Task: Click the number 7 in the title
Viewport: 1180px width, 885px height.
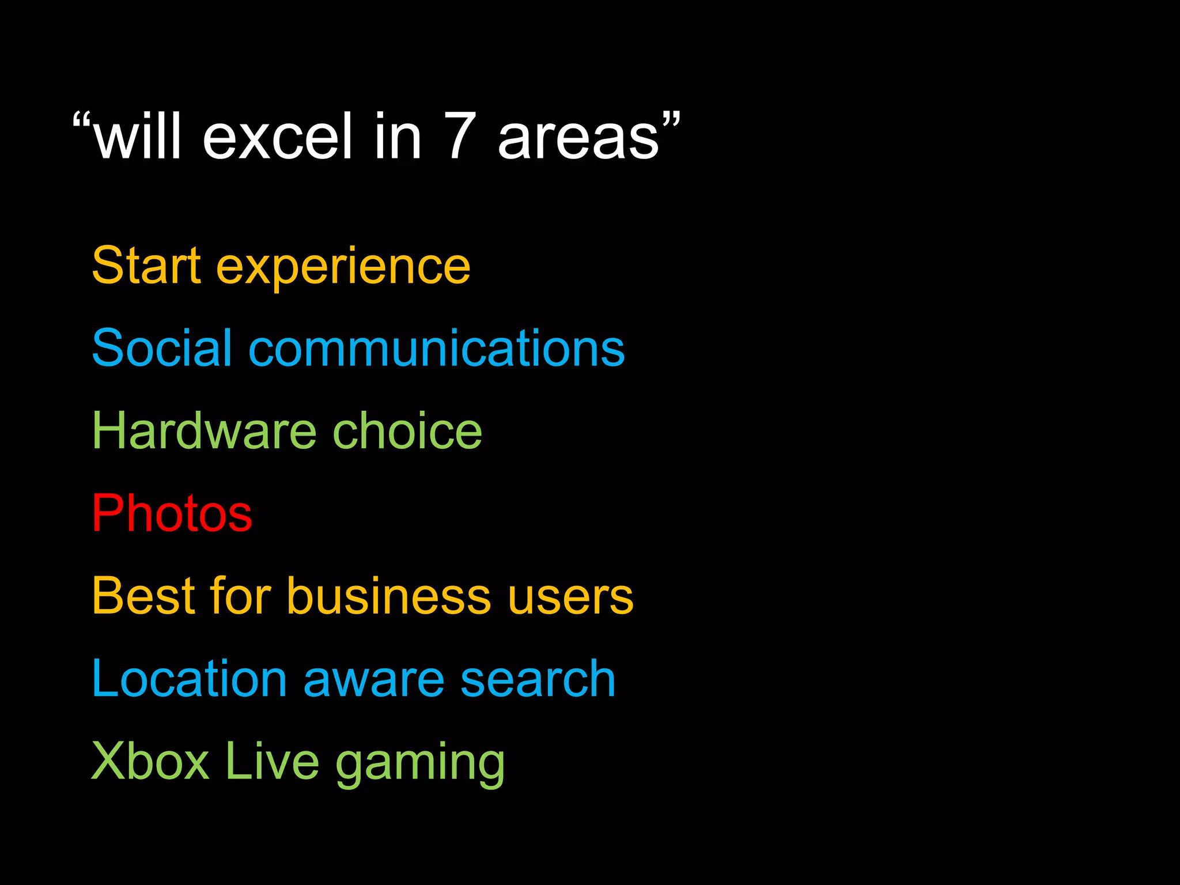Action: click(460, 137)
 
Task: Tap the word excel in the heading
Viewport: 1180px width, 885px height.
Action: click(277, 137)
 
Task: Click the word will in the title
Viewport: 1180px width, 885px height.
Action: click(138, 137)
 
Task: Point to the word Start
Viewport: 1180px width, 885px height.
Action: click(146, 266)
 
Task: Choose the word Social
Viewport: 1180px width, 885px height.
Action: click(162, 348)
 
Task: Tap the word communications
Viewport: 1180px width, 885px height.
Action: click(436, 348)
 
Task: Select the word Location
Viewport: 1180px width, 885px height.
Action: click(189, 679)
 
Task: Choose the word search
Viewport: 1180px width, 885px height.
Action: click(538, 679)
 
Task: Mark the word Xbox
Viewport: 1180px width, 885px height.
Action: click(150, 761)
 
